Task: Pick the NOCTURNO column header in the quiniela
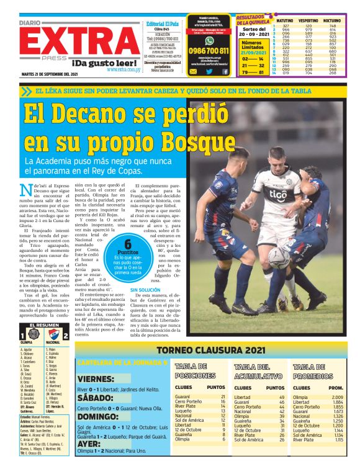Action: pos(340,20)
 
